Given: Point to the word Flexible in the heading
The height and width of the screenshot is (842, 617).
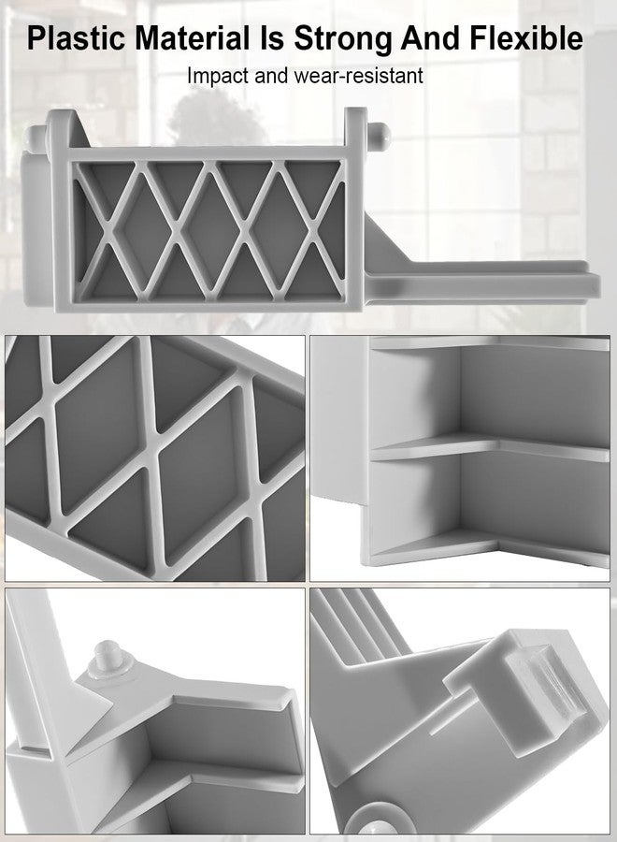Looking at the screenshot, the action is tap(526, 38).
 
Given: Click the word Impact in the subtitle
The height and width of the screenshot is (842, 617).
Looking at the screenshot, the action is tap(218, 77).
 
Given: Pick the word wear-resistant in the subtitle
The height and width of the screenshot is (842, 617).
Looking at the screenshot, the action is tap(358, 76).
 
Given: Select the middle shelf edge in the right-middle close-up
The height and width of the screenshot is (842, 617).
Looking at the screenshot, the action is tap(489, 448).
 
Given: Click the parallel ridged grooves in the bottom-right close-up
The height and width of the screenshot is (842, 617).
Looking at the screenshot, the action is tap(357, 623).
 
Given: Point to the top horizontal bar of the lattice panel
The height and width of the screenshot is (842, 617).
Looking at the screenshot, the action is tap(208, 153).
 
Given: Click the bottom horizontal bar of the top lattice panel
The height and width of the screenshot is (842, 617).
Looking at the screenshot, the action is tap(209, 305).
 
